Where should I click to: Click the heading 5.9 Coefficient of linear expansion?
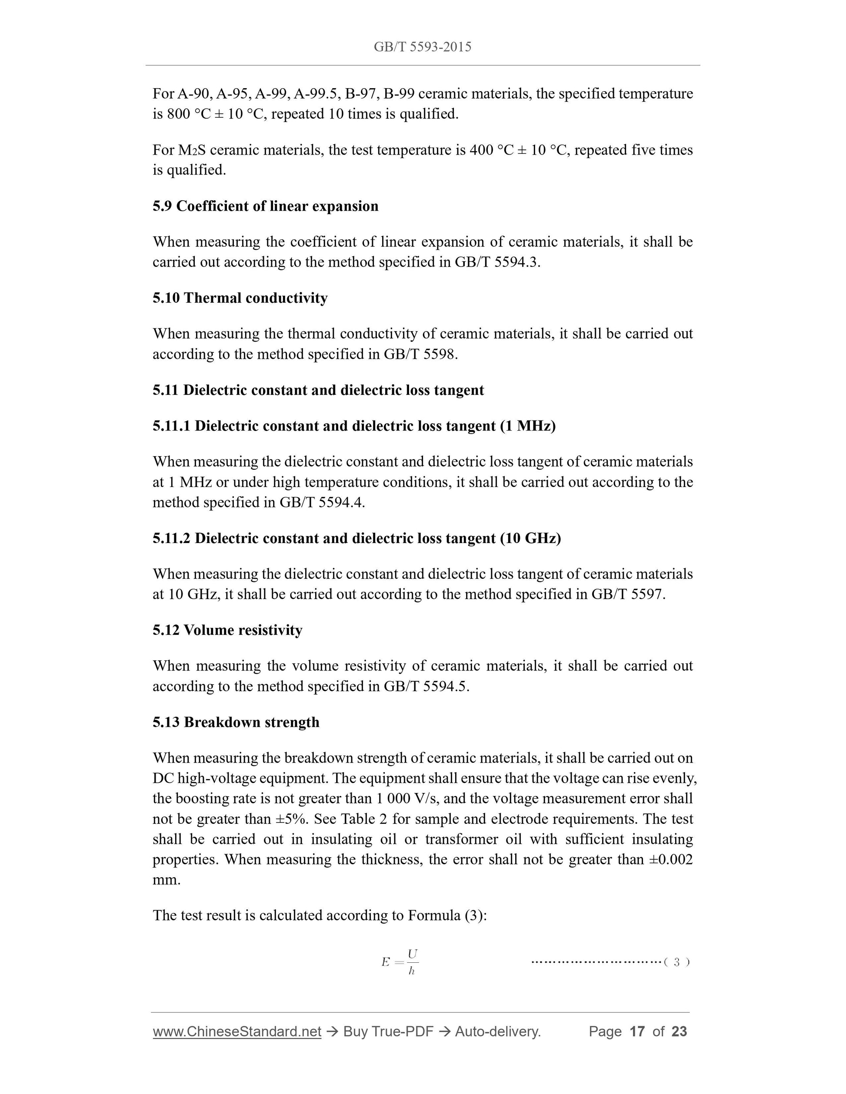(x=265, y=206)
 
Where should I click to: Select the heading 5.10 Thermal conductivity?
(x=240, y=298)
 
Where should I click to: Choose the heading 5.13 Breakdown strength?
(x=236, y=723)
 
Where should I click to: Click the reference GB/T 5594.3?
(x=496, y=262)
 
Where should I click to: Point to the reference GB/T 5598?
(x=420, y=355)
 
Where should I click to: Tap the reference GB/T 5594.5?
(x=426, y=686)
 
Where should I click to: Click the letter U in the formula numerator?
(x=413, y=953)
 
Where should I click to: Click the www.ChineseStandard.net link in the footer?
(x=236, y=1032)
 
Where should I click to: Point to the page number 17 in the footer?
(x=636, y=1032)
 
